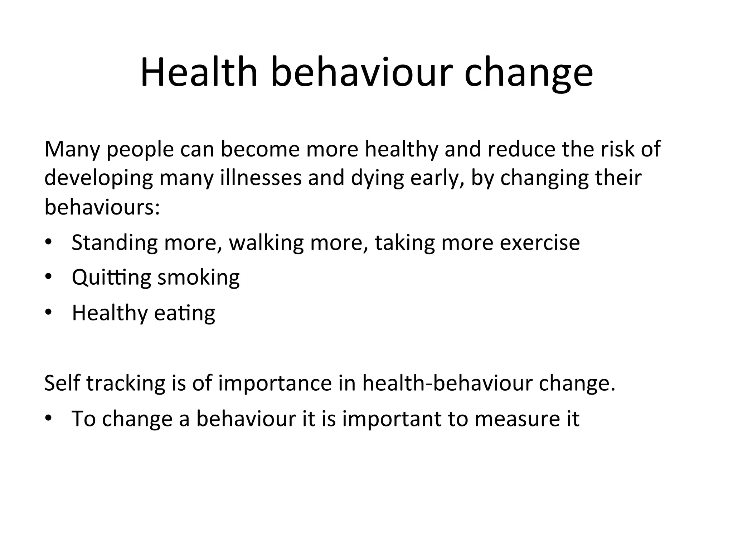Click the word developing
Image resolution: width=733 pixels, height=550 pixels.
pos(98,178)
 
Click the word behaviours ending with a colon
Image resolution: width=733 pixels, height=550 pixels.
pos(102,207)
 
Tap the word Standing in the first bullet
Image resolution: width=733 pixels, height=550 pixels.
pos(115,243)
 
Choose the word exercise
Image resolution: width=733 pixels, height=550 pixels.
pos(540,242)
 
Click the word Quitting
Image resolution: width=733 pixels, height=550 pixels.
pos(111,278)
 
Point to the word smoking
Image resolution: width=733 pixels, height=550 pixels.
pos(199,278)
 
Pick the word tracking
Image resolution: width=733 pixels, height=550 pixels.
pos(126,383)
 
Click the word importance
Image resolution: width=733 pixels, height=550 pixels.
pos(275,383)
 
